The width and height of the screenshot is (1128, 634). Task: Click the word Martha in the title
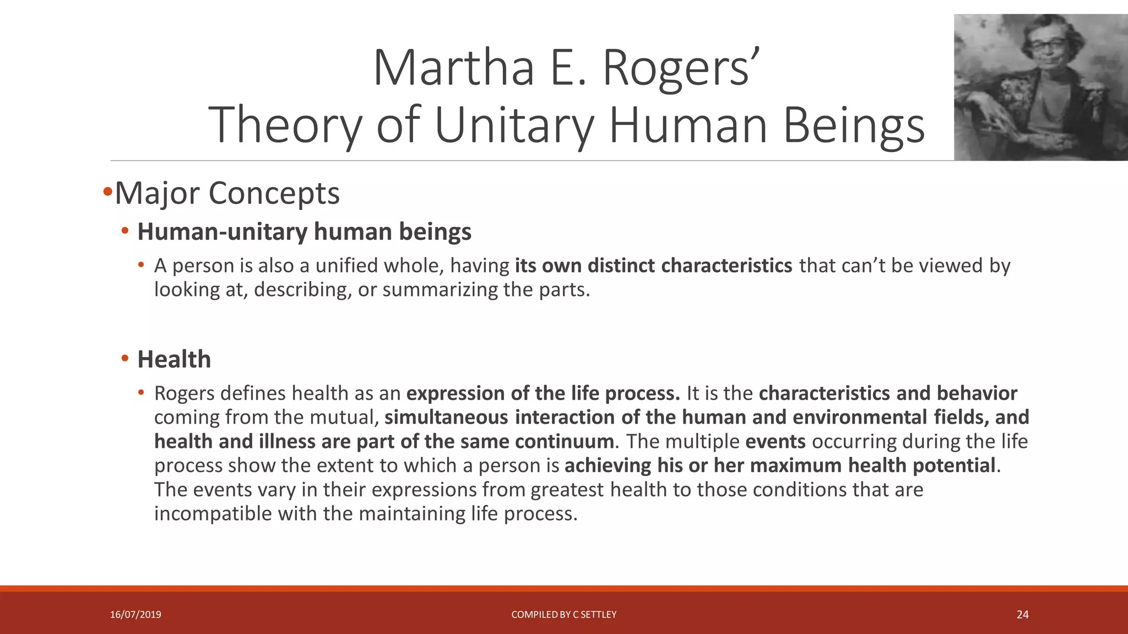pyautogui.click(x=453, y=69)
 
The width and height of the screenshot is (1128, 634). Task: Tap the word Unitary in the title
pyautogui.click(x=514, y=125)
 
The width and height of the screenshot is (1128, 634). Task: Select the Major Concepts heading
pyautogui.click(x=227, y=193)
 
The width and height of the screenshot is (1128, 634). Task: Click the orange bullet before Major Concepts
pyautogui.click(x=107, y=192)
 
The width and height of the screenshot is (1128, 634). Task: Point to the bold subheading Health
pyautogui.click(x=174, y=359)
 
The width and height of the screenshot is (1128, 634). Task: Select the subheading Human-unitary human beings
pyautogui.click(x=304, y=232)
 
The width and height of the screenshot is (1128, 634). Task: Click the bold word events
pyautogui.click(x=775, y=441)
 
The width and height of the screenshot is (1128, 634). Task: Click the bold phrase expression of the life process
pyautogui.click(x=543, y=393)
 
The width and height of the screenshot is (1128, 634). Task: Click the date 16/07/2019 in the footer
pyautogui.click(x=135, y=615)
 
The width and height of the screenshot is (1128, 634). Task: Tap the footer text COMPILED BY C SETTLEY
pyautogui.click(x=563, y=615)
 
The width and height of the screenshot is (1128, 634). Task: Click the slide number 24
pyautogui.click(x=1022, y=615)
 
